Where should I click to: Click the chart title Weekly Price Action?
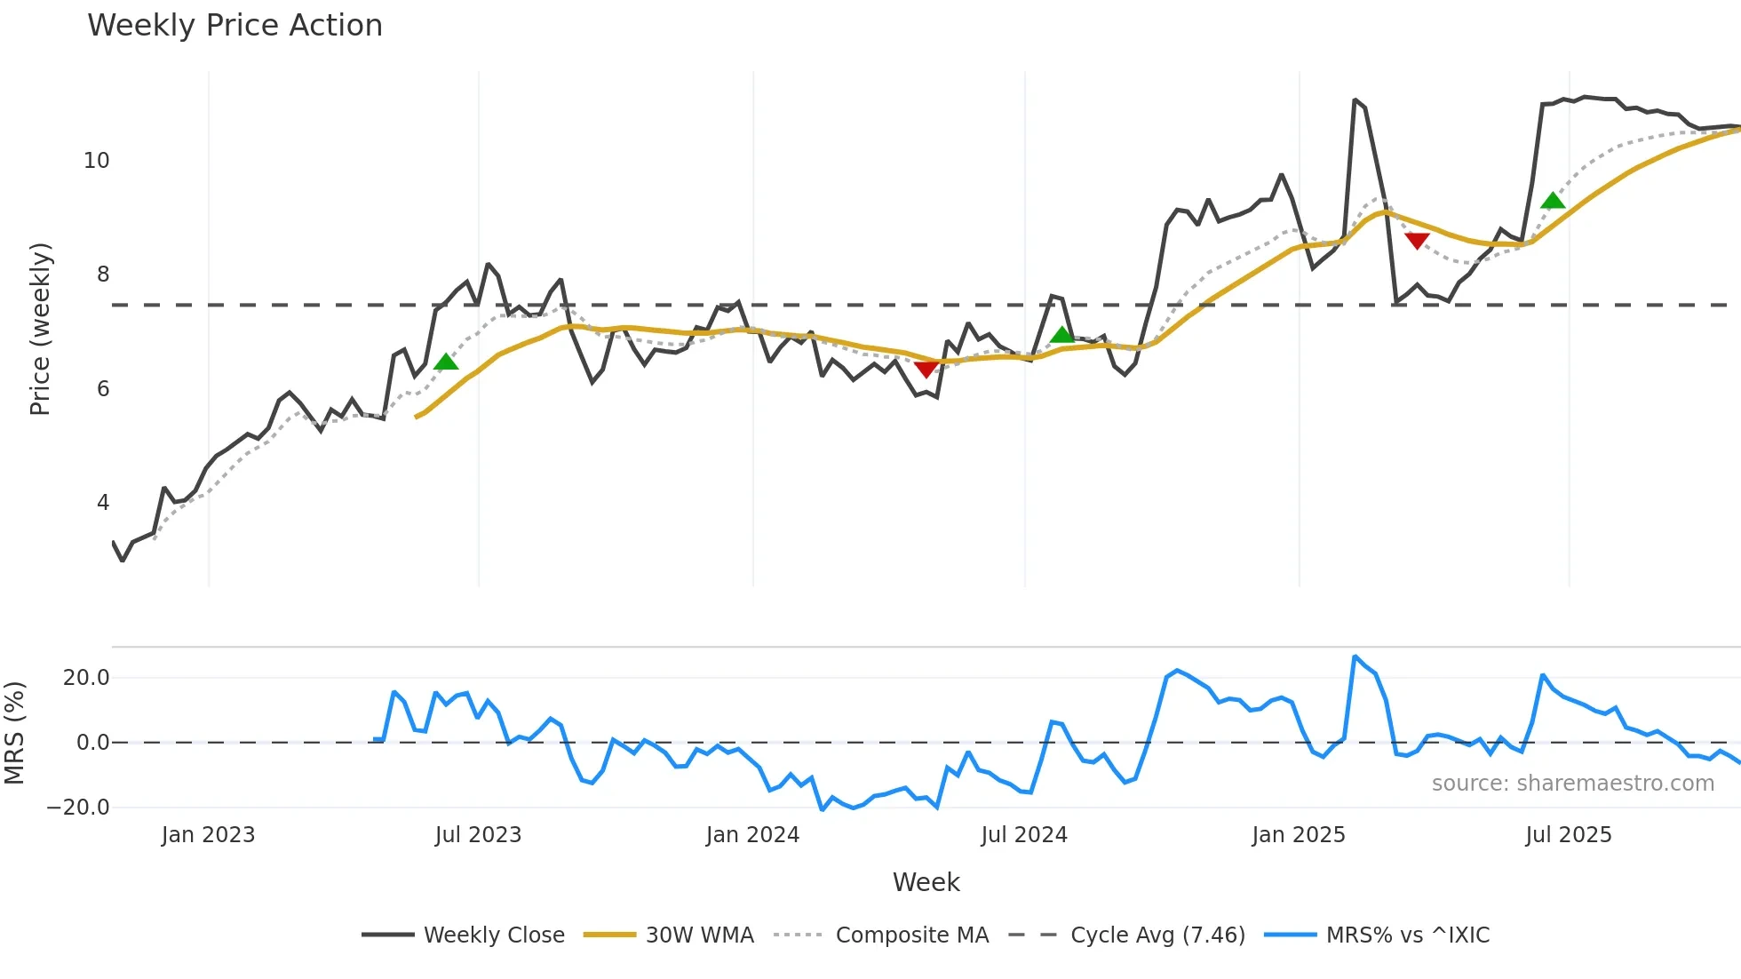[235, 26]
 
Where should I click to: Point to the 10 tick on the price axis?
[97, 161]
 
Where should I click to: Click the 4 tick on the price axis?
[103, 503]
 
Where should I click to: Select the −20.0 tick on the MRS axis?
[78, 808]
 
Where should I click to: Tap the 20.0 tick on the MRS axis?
[86, 678]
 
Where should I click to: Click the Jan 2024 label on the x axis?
[752, 835]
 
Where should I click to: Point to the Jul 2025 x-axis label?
[1568, 835]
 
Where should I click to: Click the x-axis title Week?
[926, 882]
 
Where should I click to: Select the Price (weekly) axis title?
[40, 329]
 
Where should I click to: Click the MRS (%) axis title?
[14, 733]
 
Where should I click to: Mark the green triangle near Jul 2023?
[446, 362]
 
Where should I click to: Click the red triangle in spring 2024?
[926, 369]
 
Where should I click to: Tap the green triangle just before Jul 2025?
[1553, 201]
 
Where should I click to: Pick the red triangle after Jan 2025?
[1417, 241]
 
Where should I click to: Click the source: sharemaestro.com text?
[1572, 784]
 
